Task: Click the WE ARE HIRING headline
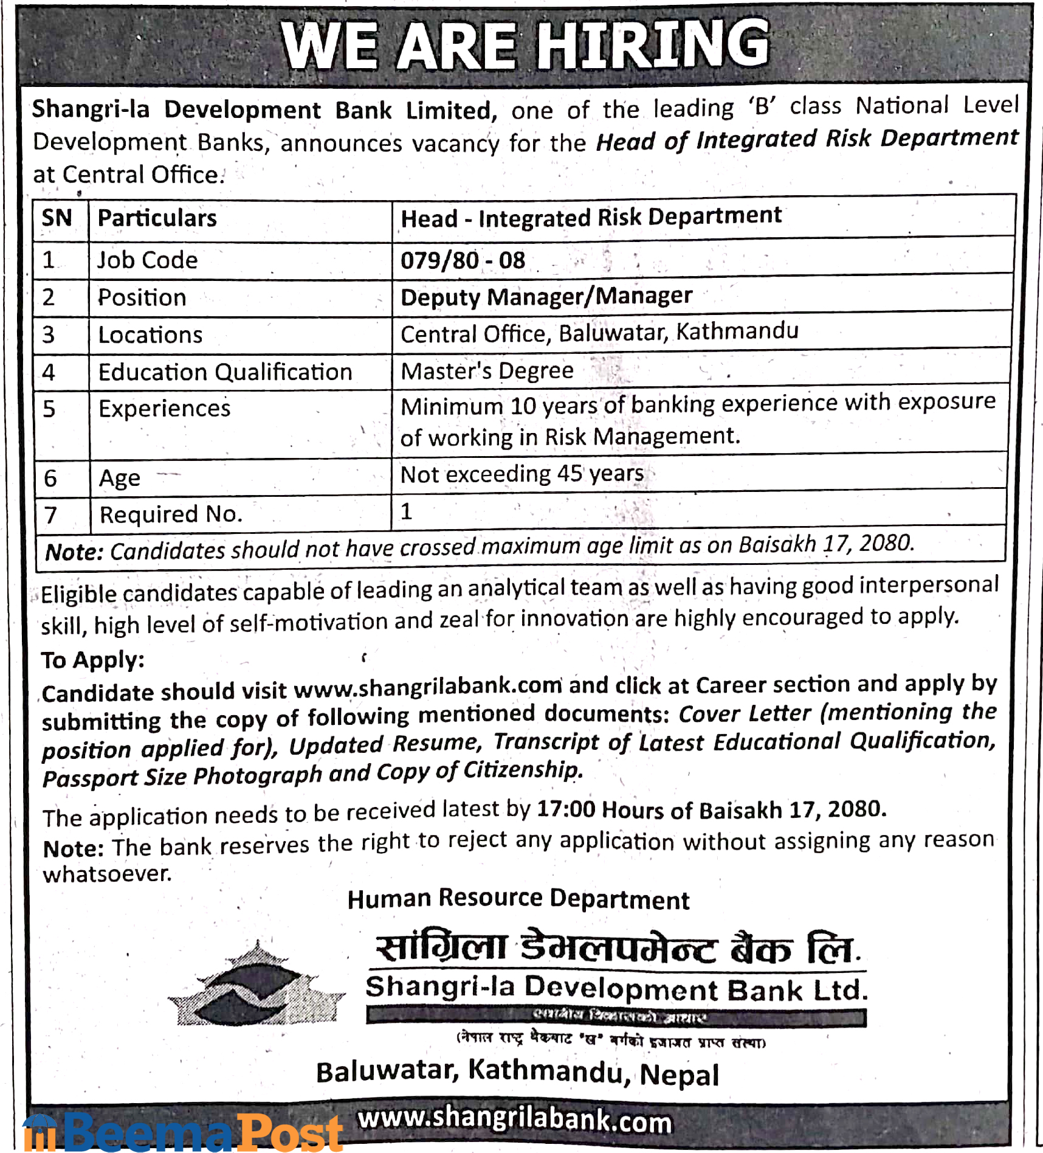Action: [x=525, y=45]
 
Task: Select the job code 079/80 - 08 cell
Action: [x=463, y=260]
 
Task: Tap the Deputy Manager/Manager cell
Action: [x=546, y=297]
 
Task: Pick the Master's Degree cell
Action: [x=487, y=371]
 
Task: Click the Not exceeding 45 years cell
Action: [x=521, y=474]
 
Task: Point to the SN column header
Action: [x=57, y=218]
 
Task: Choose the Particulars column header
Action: [x=157, y=218]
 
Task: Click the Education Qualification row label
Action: [x=225, y=372]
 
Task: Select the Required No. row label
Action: [x=171, y=514]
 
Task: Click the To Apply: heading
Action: [x=93, y=660]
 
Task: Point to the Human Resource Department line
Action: [x=518, y=899]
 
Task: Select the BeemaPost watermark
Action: [x=182, y=1132]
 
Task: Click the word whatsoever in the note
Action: [x=107, y=874]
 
